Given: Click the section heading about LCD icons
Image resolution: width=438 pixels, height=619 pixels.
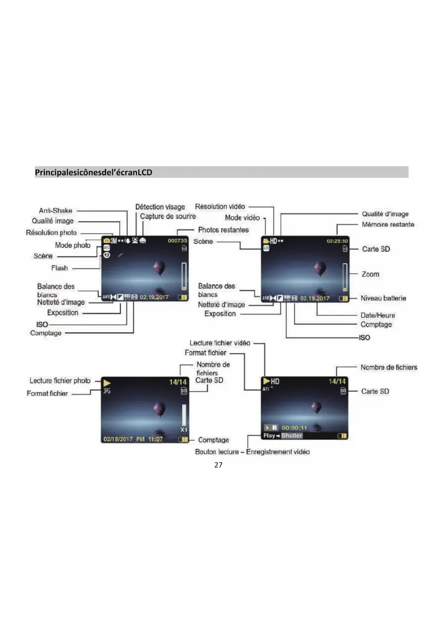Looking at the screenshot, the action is (x=94, y=173).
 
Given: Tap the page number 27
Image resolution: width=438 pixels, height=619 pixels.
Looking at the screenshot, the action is (x=218, y=465).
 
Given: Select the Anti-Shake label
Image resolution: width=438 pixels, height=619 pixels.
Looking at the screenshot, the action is (x=55, y=211).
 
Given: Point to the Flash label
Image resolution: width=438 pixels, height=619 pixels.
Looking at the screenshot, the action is (x=59, y=268).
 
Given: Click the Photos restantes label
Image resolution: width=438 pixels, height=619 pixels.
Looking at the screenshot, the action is (x=223, y=230).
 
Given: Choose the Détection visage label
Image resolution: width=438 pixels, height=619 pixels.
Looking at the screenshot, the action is (x=160, y=207).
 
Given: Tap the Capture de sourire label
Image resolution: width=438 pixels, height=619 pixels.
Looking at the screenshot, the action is (x=168, y=216).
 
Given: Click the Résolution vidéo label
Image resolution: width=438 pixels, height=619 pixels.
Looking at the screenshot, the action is (x=220, y=206).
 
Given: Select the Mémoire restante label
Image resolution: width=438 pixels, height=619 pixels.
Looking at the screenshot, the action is (x=388, y=224).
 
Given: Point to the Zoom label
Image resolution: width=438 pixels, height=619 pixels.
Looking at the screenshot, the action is (x=370, y=274).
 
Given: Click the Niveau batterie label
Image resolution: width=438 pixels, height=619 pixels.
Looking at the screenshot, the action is (x=383, y=298).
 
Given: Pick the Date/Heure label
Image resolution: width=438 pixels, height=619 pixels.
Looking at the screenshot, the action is (x=378, y=315).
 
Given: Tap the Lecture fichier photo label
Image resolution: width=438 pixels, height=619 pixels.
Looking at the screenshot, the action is (x=60, y=381).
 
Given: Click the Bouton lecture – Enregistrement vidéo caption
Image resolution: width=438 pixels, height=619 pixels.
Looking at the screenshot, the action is (x=252, y=452).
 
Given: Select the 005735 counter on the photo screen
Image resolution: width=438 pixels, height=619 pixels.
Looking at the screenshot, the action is (x=177, y=241).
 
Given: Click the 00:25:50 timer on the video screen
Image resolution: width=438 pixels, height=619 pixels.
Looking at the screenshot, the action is (x=337, y=241).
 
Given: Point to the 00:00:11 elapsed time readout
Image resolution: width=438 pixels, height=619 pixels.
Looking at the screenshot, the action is (x=294, y=428).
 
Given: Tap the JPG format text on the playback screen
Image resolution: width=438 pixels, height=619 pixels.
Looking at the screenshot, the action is (x=107, y=391).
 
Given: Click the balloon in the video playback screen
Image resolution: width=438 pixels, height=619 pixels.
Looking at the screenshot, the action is (x=317, y=407).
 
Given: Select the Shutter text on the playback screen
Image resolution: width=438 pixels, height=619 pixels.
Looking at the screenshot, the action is (x=292, y=435).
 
